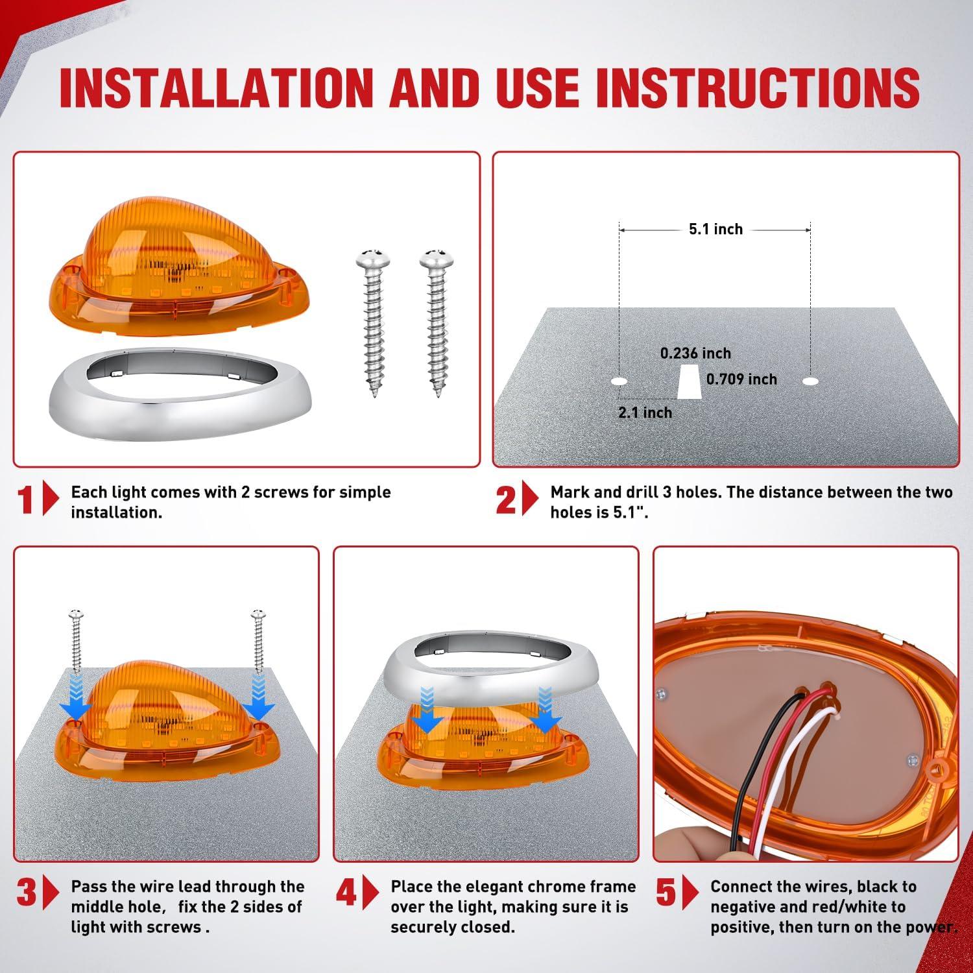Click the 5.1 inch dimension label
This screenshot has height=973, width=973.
pyautogui.click(x=715, y=229)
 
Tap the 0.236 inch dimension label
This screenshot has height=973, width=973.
pyautogui.click(x=695, y=354)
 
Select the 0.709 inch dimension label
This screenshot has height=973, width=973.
pyautogui.click(x=741, y=379)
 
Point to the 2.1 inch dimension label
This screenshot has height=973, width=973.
pyautogui.click(x=645, y=413)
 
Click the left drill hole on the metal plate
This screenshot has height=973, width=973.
pyautogui.click(x=619, y=381)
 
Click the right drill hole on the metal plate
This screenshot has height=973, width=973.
pyautogui.click(x=810, y=381)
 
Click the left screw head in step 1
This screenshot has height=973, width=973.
pyautogui.click(x=372, y=258)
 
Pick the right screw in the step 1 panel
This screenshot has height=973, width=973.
pyautogui.click(x=436, y=322)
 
